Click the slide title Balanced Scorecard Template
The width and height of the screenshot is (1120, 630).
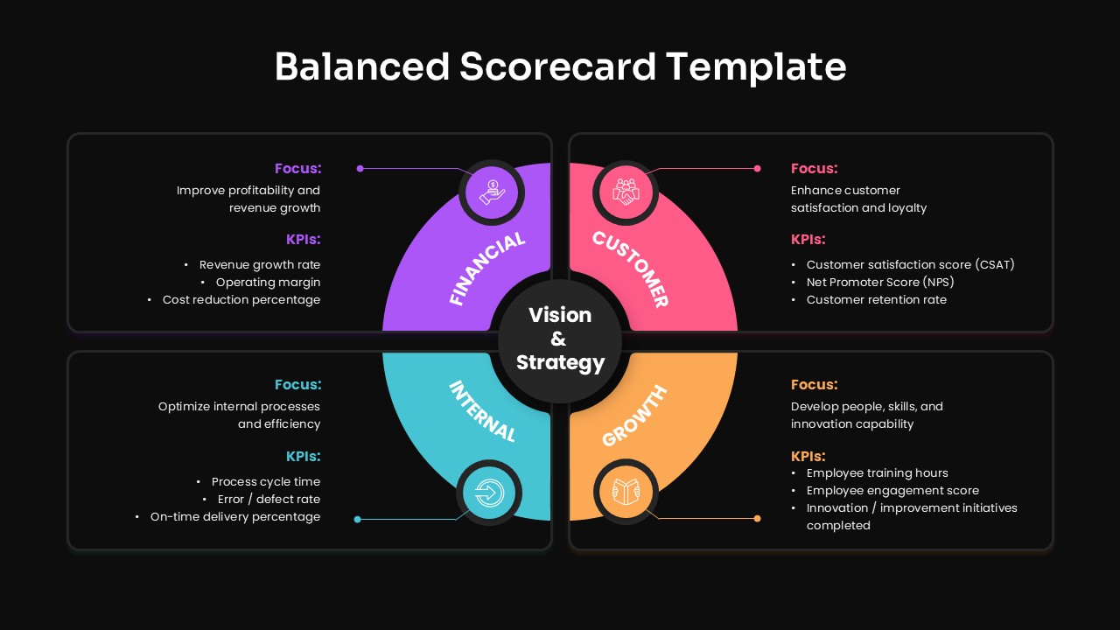coord(560,66)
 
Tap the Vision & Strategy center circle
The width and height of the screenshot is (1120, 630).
coord(560,339)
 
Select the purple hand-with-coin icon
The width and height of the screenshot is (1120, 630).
coord(493,191)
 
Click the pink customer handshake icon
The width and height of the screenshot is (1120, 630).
coord(626,191)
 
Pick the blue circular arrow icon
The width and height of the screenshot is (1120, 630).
coord(490,493)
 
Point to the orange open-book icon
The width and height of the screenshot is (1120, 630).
coord(626,493)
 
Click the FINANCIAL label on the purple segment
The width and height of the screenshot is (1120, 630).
coord(487,269)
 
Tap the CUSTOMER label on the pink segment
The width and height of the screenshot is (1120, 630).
coord(631,269)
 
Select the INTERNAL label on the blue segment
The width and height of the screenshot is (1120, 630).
coord(482,411)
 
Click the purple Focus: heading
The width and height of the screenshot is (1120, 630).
coord(297,168)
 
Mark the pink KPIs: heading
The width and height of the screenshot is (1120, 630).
coord(808,239)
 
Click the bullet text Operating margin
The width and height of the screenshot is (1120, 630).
coord(268,282)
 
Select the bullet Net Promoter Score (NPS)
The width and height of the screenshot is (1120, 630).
coord(880,282)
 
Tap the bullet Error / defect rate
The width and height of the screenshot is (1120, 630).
coord(269,499)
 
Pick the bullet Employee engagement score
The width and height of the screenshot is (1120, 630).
coord(892,490)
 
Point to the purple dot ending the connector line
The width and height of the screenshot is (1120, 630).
coord(360,168)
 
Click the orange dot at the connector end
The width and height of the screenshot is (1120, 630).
coord(758,519)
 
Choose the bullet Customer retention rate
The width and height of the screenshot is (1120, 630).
coord(877,299)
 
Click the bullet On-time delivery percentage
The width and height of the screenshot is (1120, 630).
coord(234,516)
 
